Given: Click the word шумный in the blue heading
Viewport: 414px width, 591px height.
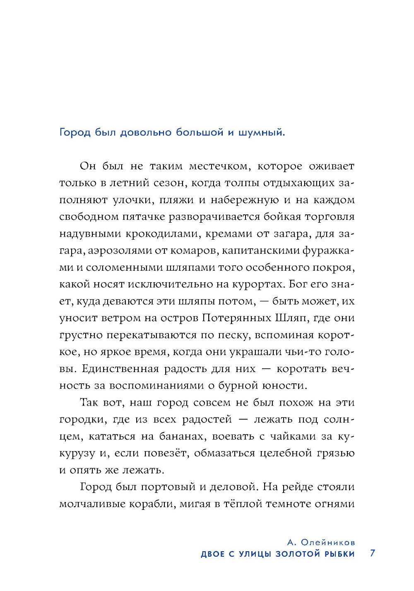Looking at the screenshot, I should coord(261,133).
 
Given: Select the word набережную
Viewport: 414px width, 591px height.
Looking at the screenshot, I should coord(245,200).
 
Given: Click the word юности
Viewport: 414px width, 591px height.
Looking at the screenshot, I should coord(285,386).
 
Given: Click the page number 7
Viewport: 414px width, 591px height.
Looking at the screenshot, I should coord(373,553).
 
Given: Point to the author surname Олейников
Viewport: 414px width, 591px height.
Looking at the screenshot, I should coord(327,543).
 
